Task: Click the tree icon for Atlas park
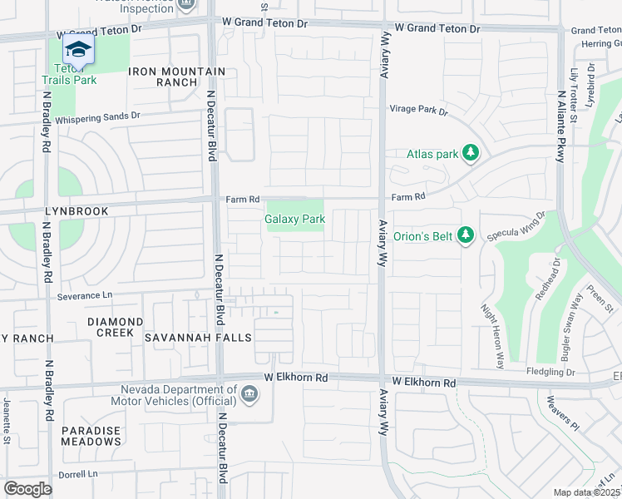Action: [471, 153]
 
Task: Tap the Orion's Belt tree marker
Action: [466, 237]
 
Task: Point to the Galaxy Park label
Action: [294, 219]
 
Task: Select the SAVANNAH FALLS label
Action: [186, 338]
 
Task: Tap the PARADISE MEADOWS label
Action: [91, 437]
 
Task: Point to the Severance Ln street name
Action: [84, 295]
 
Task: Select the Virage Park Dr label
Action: [419, 110]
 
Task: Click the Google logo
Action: [27, 489]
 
